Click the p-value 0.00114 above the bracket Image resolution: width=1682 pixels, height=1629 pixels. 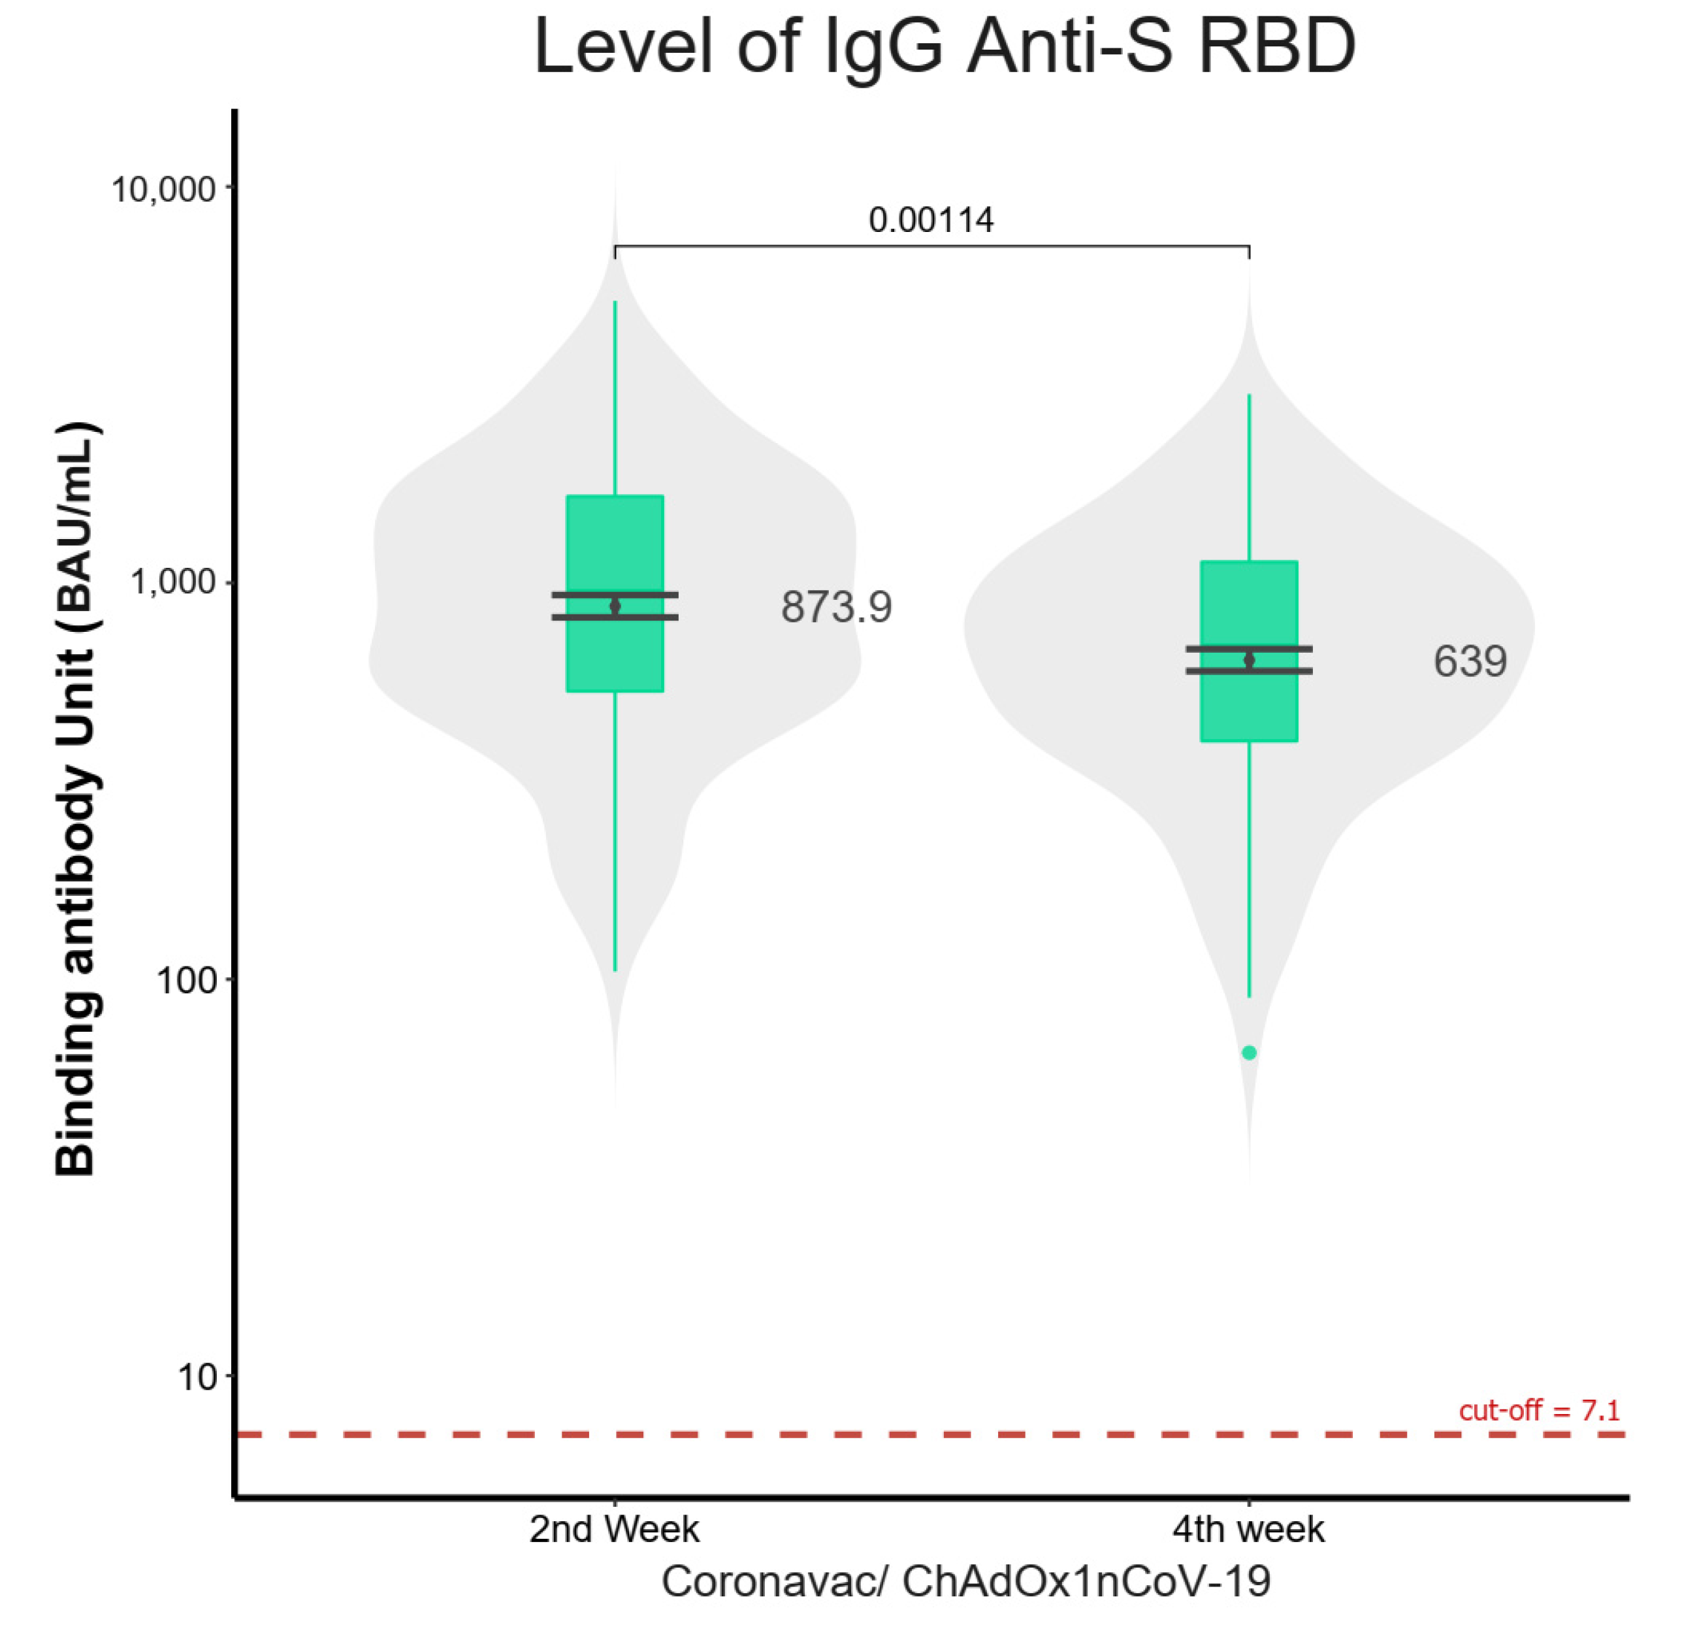pos(931,221)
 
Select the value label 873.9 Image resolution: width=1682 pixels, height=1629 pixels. pos(836,608)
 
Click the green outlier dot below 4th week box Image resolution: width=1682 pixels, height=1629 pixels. pos(1249,1052)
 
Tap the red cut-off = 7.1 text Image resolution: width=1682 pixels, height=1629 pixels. pos(1539,1410)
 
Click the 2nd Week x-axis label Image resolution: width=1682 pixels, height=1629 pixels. pos(615,1528)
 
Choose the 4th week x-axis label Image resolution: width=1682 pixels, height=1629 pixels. pos(1249,1528)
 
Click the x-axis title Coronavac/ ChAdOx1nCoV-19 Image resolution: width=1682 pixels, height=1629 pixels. pos(965,1581)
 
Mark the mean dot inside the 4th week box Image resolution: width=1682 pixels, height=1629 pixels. pos(1249,660)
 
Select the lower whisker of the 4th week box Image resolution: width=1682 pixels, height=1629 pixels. pos(1249,867)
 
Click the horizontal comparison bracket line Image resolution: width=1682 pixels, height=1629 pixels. pos(931,246)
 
